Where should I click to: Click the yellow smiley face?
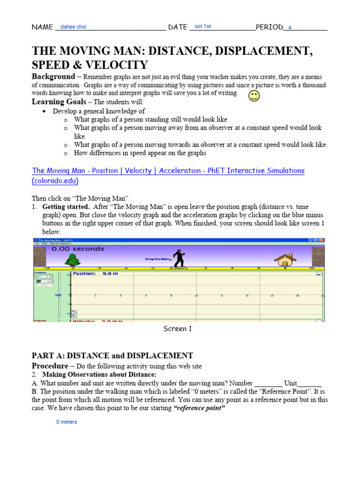(254, 96)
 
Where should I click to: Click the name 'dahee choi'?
(74, 27)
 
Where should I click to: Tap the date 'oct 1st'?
(202, 27)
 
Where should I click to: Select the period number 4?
(290, 28)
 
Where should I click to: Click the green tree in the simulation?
(72, 260)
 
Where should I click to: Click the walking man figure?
(178, 258)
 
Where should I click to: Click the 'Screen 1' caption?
(177, 329)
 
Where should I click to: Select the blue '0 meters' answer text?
(67, 422)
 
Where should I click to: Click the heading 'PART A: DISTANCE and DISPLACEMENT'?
(112, 356)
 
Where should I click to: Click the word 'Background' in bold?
(53, 76)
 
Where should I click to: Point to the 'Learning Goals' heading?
(59, 102)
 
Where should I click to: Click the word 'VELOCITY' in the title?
(120, 65)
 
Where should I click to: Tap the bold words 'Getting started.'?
(66, 207)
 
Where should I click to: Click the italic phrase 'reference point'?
(199, 408)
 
